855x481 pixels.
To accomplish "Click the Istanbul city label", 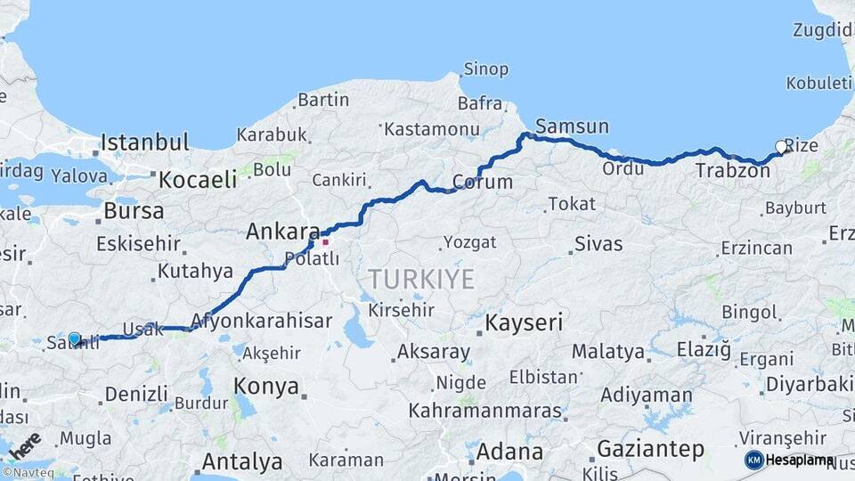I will [145, 143].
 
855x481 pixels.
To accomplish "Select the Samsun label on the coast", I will [573, 126].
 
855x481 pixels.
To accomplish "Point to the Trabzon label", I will [732, 170].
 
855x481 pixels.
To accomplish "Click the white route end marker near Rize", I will [781, 147].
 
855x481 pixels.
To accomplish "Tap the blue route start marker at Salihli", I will [75, 339].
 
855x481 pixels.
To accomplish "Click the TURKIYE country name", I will [421, 279].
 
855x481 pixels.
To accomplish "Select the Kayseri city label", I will [525, 322].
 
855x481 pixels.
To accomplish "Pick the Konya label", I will [266, 386].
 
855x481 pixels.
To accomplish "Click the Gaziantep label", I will [650, 449].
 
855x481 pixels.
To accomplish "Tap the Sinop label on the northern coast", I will [485, 69].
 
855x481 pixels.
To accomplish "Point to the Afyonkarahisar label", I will [262, 321].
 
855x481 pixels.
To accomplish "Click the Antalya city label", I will [242, 462].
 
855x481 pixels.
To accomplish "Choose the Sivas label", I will [598, 243].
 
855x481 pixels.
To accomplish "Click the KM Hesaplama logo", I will [790, 460].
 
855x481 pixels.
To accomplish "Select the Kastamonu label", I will [431, 129].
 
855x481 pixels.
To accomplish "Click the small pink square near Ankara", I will [326, 241].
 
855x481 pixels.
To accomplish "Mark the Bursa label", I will [134, 211].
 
